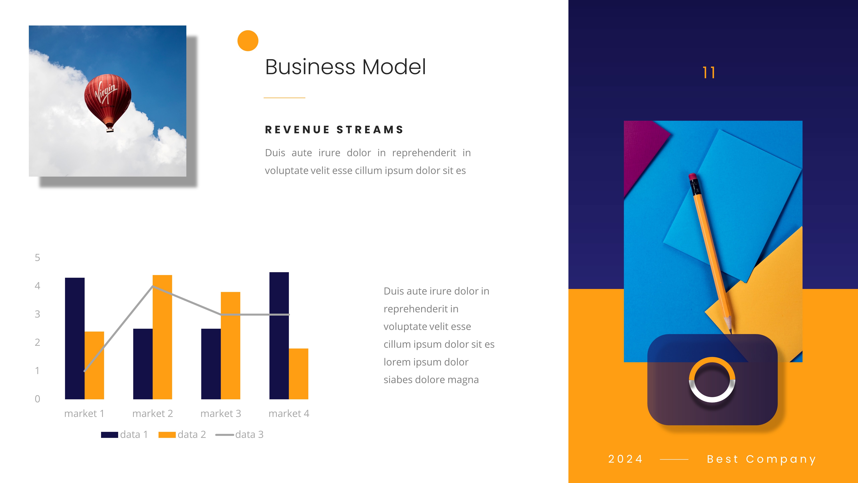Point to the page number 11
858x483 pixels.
[x=709, y=73]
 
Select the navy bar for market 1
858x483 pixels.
[x=75, y=338]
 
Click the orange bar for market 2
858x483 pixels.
[x=162, y=337]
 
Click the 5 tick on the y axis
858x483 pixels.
[x=37, y=258]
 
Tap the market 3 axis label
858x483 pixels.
[x=221, y=414]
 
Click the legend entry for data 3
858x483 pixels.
[x=240, y=435]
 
